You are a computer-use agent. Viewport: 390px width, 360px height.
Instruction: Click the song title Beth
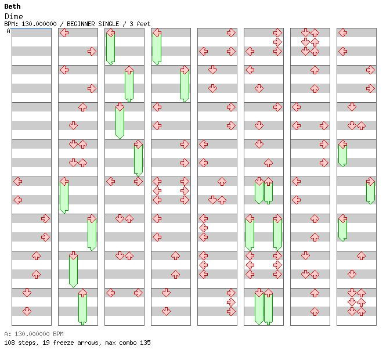tap(12, 7)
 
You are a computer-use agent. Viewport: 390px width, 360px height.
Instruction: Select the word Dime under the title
tap(13, 17)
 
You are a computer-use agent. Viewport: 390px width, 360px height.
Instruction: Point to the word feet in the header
tap(143, 24)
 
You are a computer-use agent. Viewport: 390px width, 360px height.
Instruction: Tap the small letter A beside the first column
tap(9, 31)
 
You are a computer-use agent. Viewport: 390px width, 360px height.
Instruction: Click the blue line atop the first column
tap(31, 28)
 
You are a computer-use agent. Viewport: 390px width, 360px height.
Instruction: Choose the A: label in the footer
tap(7, 334)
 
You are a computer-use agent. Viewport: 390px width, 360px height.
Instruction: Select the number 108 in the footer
tap(9, 343)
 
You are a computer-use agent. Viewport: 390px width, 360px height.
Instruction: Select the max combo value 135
tap(145, 343)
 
